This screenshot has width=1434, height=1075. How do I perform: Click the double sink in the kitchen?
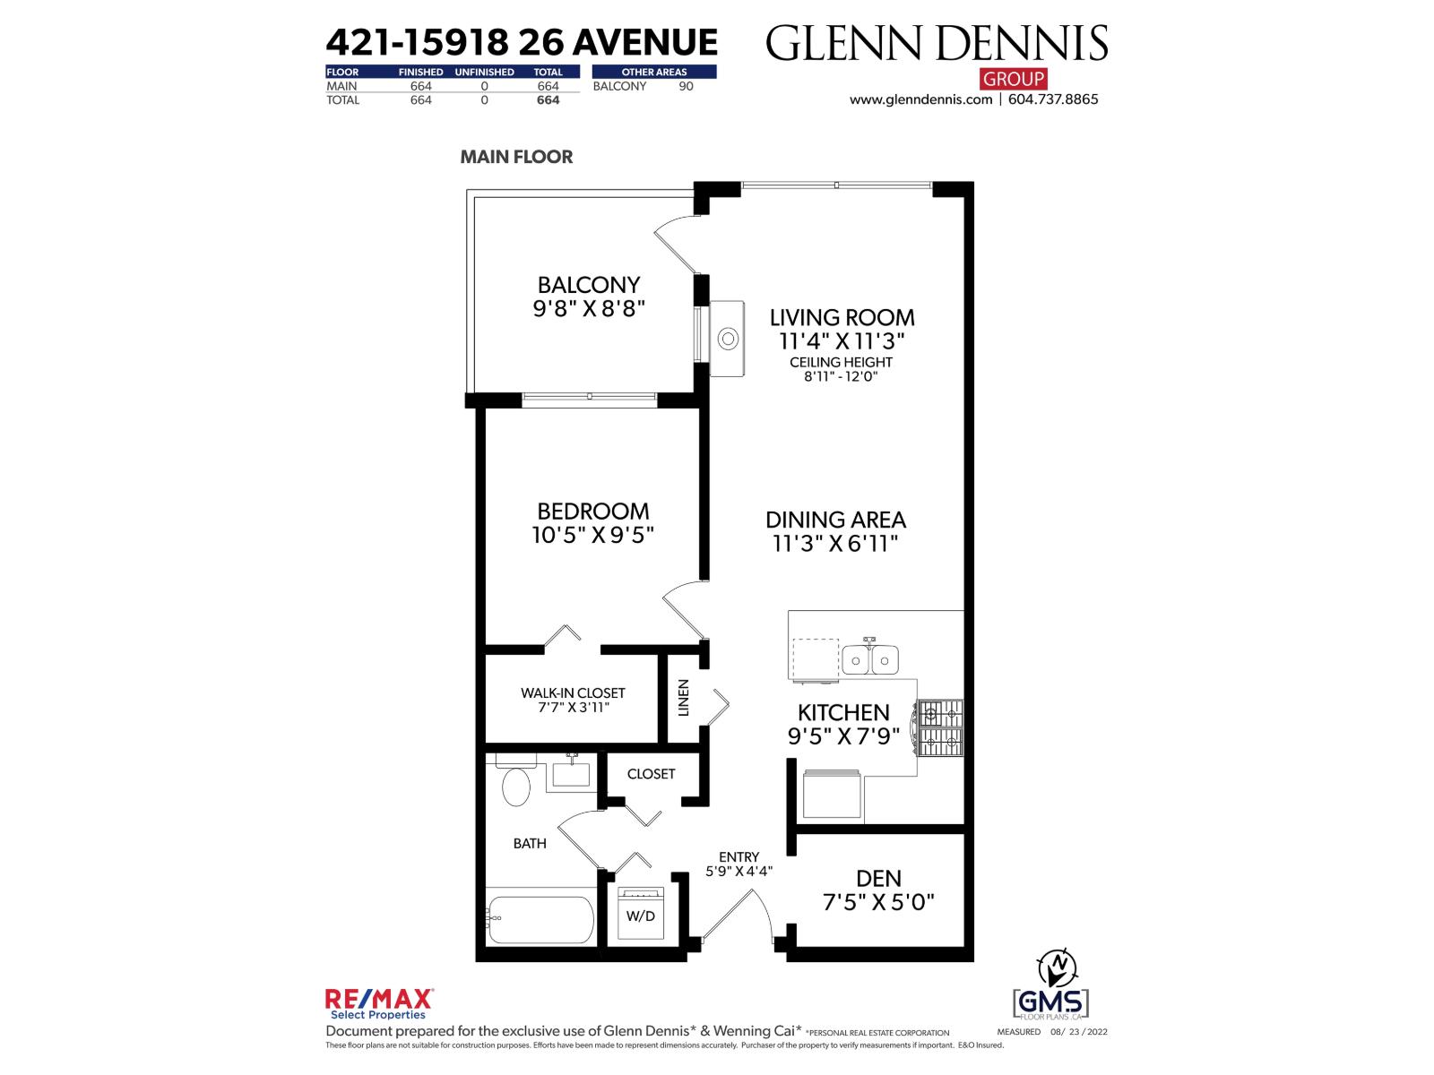869,661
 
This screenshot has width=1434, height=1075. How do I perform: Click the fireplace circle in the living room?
728,340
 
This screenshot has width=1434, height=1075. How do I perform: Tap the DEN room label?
878,878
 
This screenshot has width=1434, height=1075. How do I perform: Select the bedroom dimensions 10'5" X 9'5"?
592,536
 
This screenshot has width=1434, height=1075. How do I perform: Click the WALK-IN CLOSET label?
573,692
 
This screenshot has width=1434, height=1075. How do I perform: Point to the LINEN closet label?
684,698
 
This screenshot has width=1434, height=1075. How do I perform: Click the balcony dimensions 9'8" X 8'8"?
589,309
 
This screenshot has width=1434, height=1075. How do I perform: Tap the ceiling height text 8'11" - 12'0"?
840,376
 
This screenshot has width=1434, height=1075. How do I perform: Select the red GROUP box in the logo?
1013,79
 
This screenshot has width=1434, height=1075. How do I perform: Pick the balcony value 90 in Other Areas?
686,87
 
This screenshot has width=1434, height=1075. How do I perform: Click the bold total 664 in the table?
548,100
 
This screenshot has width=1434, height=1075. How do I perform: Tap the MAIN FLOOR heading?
516,157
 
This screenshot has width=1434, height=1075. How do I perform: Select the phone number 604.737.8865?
1053,99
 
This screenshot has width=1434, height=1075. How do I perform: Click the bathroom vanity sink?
570,772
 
